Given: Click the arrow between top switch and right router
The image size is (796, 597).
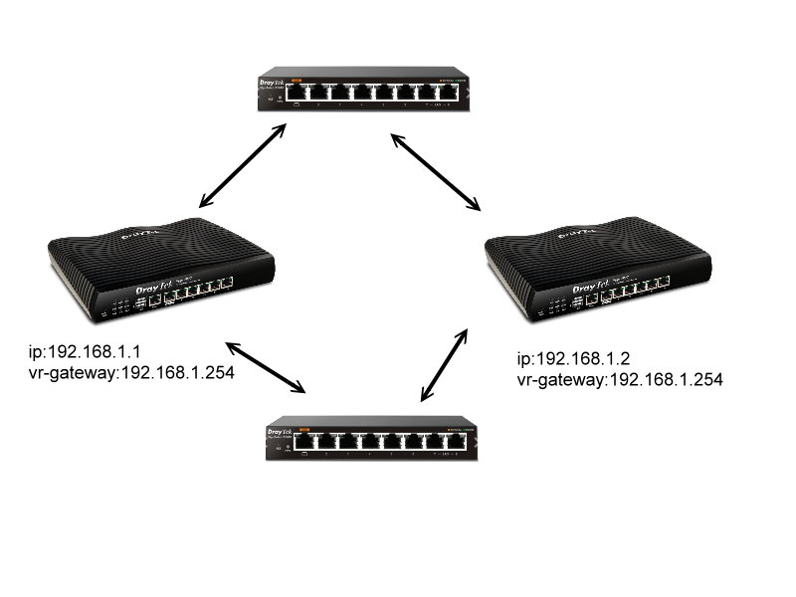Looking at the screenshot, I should (435, 171).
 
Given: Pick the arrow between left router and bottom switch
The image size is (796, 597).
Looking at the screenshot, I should (266, 367).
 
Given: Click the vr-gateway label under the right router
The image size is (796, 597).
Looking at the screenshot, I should (619, 380).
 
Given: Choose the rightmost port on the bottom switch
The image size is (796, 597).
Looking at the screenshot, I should (459, 442).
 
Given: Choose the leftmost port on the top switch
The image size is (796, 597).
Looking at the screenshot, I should (295, 93).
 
